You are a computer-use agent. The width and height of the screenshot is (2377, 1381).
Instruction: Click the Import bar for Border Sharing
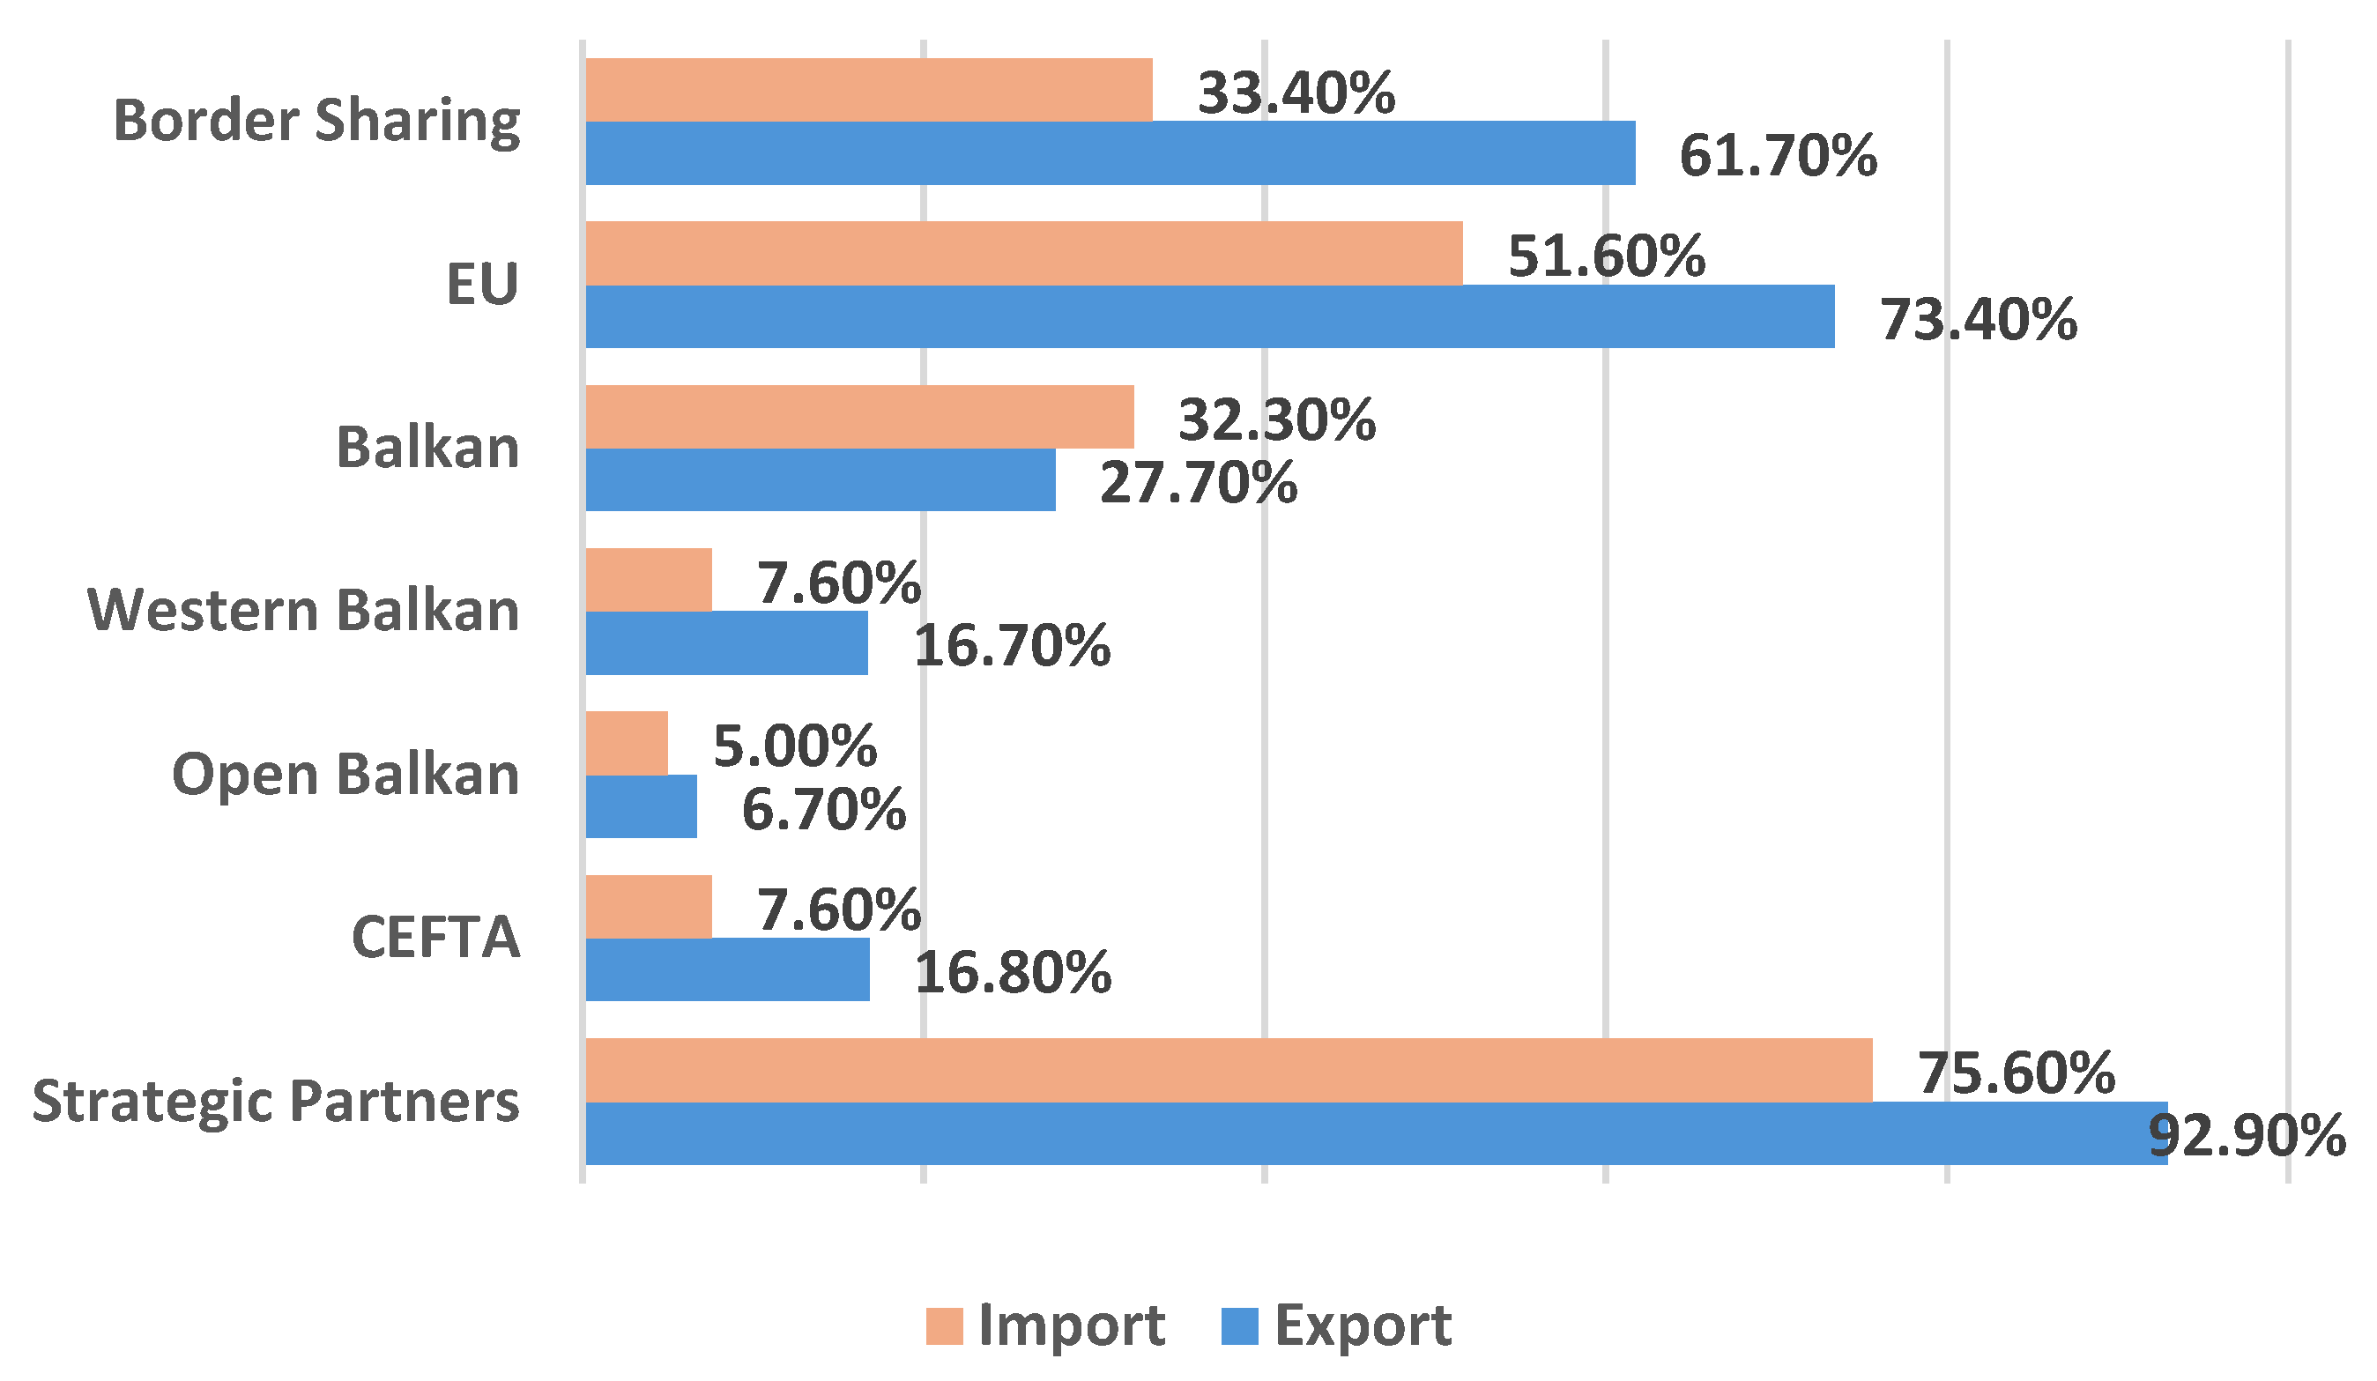pos(868,90)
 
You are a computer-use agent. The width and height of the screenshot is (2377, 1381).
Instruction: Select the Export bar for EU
pos(1209,316)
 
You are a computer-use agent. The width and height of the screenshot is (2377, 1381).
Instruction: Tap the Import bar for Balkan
pos(858,416)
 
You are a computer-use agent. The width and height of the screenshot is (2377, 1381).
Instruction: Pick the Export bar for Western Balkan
pos(726,642)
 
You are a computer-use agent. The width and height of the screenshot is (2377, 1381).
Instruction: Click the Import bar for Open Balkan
pos(627,743)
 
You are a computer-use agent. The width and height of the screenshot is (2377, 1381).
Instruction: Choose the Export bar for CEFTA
pos(727,969)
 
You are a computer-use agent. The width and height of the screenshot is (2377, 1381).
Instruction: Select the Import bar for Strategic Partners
pos(1228,1070)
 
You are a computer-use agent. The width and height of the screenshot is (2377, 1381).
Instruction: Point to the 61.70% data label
pos(1777,156)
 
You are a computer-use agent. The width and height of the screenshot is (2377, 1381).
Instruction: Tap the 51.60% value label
pos(1607,256)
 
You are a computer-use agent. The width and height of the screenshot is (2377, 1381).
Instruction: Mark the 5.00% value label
pos(794,746)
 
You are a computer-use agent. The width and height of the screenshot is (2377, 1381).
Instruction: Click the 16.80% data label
pos(1012,973)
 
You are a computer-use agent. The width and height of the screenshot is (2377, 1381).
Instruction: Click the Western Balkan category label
pos(303,611)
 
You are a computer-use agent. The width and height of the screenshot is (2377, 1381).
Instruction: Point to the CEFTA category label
pos(435,938)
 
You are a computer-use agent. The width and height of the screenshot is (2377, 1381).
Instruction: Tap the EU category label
pos(482,284)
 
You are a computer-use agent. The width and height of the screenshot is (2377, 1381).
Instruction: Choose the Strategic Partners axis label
pos(276,1101)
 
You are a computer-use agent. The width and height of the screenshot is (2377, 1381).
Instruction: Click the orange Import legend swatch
pos(943,1325)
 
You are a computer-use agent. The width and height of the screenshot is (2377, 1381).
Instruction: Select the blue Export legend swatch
pos(1238,1325)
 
